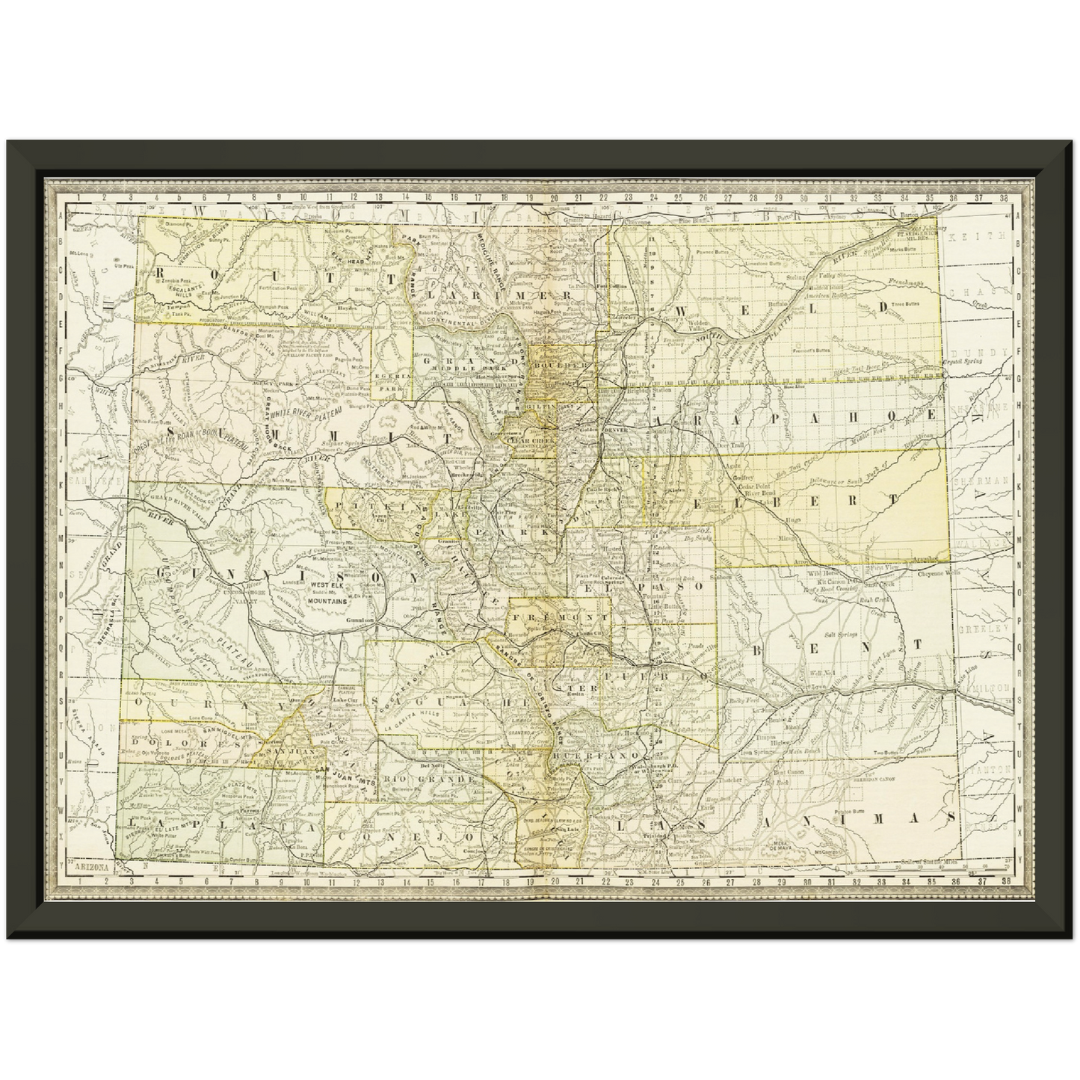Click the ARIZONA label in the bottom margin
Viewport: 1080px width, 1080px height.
(91, 867)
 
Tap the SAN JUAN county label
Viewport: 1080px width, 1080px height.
(286, 749)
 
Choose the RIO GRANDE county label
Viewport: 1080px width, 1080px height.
(429, 779)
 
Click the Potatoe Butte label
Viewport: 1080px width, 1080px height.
(851, 810)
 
